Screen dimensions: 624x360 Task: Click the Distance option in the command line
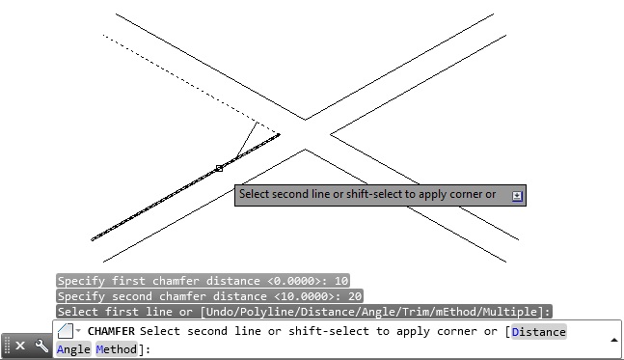pos(538,332)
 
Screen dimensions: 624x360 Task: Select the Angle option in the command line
pos(73,349)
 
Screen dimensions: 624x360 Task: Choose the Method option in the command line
pos(116,349)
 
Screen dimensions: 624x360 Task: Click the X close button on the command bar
pos(20,346)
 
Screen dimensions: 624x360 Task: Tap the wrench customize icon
pos(41,346)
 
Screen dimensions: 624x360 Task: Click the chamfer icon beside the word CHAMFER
pos(66,331)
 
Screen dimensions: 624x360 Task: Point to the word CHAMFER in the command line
pos(111,331)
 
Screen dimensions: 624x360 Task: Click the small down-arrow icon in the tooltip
pos(517,196)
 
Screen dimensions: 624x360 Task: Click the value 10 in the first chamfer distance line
pos(341,281)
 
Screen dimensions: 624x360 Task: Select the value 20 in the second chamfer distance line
pos(355,296)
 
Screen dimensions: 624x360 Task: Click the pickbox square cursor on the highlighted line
pos(219,169)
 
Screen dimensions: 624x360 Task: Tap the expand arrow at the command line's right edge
pos(614,340)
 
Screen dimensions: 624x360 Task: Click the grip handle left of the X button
pos(7,345)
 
